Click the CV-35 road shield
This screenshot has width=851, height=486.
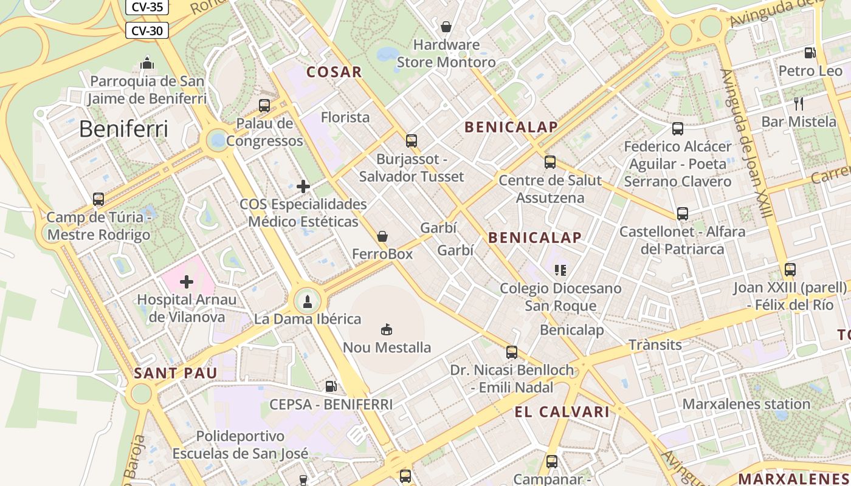pos(146,7)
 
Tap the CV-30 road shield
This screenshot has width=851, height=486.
pos(146,30)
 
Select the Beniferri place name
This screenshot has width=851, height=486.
pos(123,129)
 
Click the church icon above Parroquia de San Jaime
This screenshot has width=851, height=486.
pos(146,63)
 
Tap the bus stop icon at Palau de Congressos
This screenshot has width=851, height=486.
pos(264,105)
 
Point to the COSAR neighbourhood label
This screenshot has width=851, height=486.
pos(334,72)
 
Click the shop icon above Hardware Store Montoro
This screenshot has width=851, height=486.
pos(446,27)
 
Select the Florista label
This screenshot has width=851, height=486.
pos(345,117)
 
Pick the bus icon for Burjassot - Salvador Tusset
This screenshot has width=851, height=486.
pos(412,141)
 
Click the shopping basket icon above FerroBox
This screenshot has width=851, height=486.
pos(382,236)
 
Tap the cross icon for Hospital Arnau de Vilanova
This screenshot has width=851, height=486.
pos(187,281)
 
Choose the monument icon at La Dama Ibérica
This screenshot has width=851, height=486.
pos(307,301)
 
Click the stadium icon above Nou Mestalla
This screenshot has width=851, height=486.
pos(387,329)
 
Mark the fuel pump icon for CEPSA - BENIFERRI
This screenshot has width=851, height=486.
pos(331,386)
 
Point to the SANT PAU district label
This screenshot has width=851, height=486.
pos(175,373)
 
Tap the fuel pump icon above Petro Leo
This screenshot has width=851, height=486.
pos(810,53)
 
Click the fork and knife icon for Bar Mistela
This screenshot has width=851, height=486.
pos(799,103)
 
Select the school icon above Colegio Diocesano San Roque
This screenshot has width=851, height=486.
pos(560,270)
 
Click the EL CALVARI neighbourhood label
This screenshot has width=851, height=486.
pos(562,412)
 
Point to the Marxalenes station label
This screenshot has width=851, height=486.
pos(746,404)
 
